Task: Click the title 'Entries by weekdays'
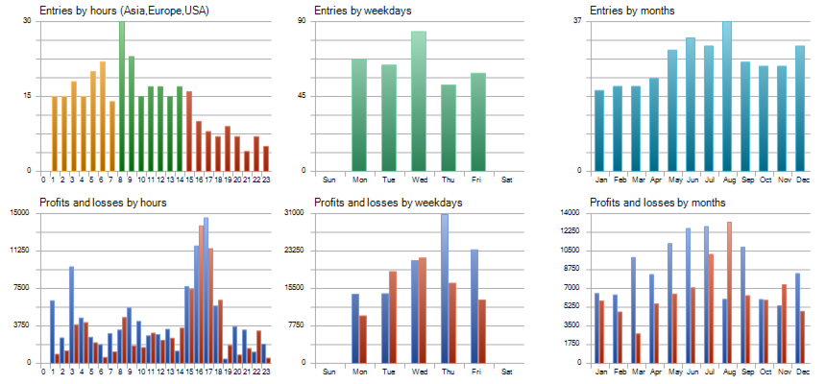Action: pyautogui.click(x=362, y=11)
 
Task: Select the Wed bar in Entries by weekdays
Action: pyautogui.click(x=419, y=101)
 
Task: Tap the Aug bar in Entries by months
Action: pyautogui.click(x=727, y=96)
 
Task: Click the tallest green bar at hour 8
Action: pyautogui.click(x=122, y=96)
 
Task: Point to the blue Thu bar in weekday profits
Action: pyautogui.click(x=445, y=289)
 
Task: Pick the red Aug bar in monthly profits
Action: pyautogui.click(x=730, y=293)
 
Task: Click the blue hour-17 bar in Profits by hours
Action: pyautogui.click(x=206, y=290)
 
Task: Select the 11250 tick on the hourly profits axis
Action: pyautogui.click(x=22, y=251)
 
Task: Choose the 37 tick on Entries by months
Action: pyautogui.click(x=577, y=20)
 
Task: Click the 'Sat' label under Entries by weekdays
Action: pyautogui.click(x=507, y=180)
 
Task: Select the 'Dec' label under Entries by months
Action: pyautogui.click(x=800, y=180)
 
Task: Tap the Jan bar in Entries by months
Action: pyautogui.click(x=599, y=131)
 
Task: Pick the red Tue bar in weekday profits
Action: pyautogui.click(x=393, y=317)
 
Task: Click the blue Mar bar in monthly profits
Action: pyautogui.click(x=633, y=310)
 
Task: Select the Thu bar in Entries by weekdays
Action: pyautogui.click(x=449, y=128)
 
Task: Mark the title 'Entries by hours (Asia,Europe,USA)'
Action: pyautogui.click(x=124, y=11)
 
